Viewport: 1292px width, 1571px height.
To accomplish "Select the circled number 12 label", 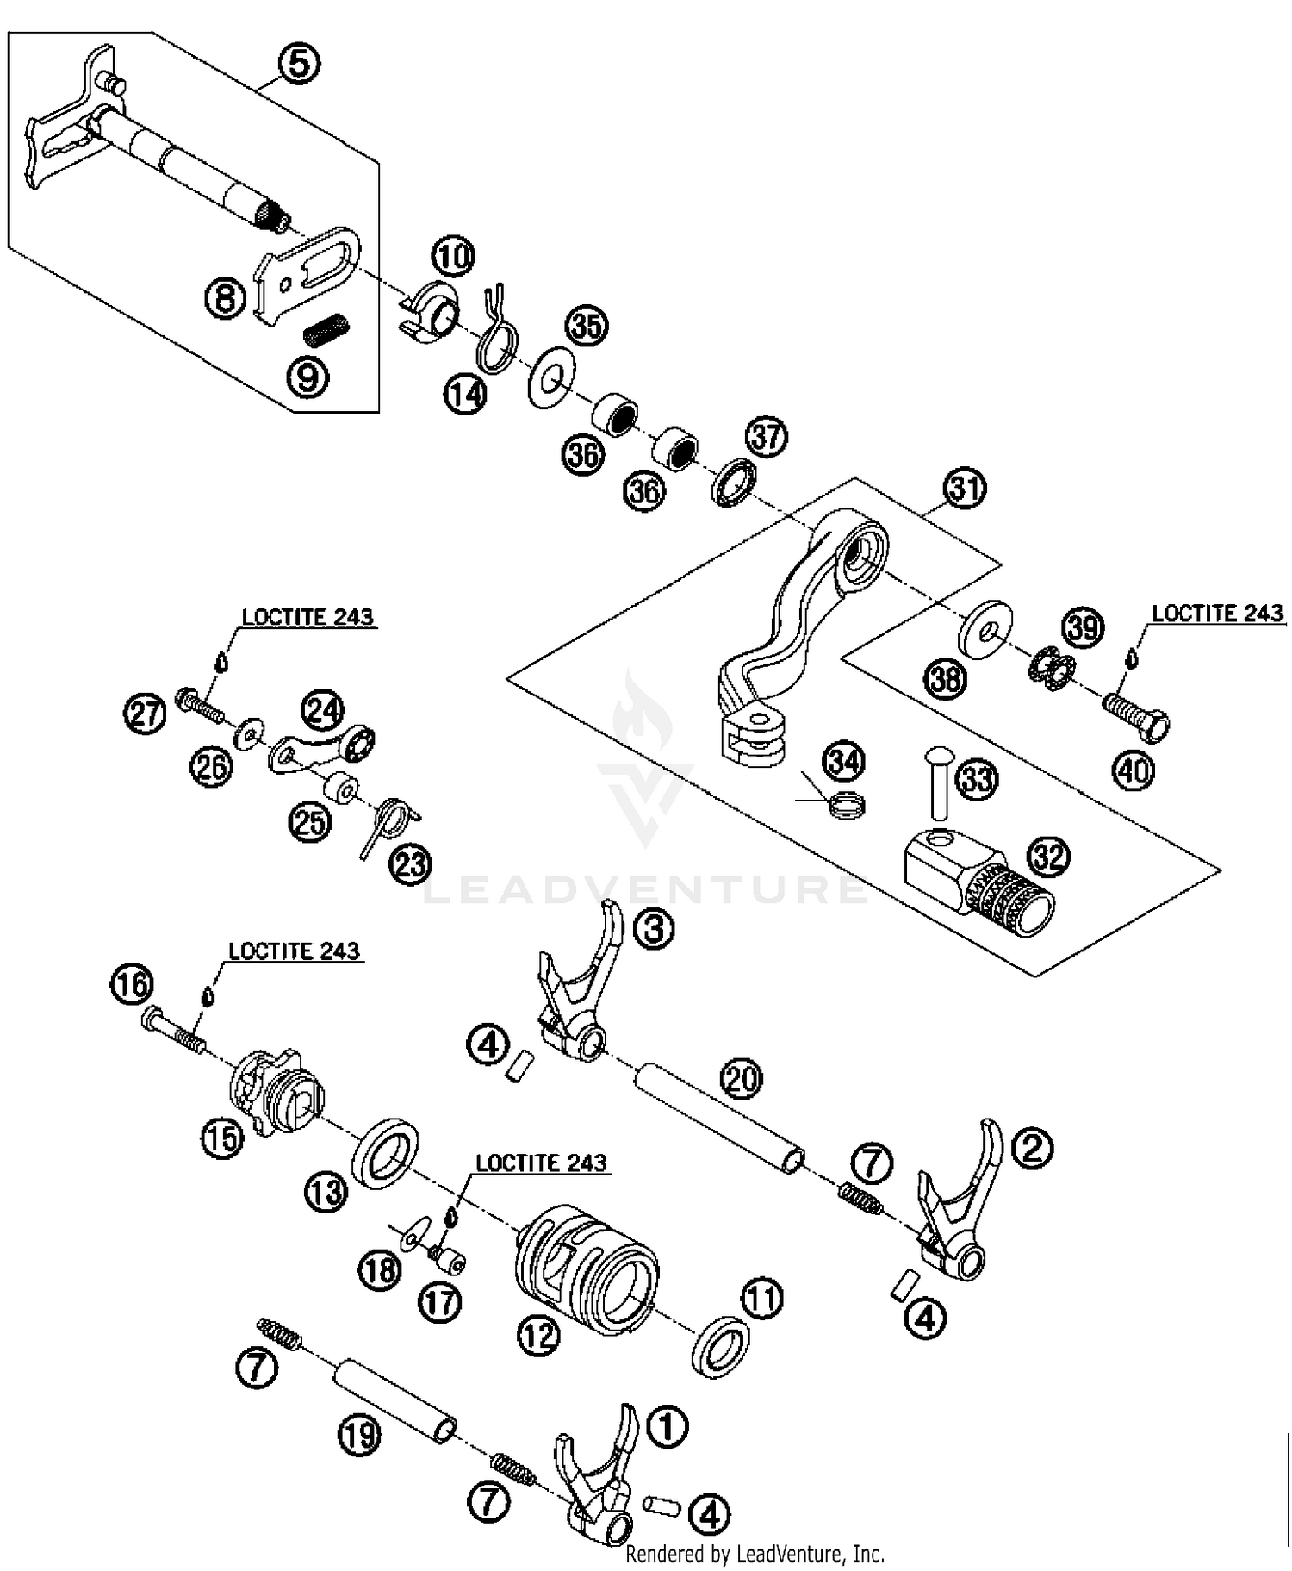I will (539, 1335).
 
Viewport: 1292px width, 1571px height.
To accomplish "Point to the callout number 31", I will (966, 489).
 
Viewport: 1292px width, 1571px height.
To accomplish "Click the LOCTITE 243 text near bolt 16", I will (294, 951).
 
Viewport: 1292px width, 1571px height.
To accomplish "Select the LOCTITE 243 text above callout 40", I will (1217, 613).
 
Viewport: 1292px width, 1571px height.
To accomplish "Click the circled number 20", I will (742, 1079).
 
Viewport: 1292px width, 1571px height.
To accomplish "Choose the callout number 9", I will (307, 377).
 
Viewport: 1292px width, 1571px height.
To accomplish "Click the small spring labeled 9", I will (327, 329).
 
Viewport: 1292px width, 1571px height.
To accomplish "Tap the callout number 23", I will (410, 863).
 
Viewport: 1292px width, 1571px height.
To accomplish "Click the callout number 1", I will (667, 1426).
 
